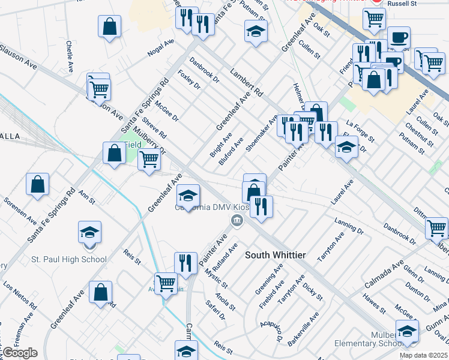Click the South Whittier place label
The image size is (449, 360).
coord(275,255)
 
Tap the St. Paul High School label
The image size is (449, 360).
coord(69,260)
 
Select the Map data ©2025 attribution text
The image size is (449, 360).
coord(423,355)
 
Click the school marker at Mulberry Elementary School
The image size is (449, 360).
coord(406,332)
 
